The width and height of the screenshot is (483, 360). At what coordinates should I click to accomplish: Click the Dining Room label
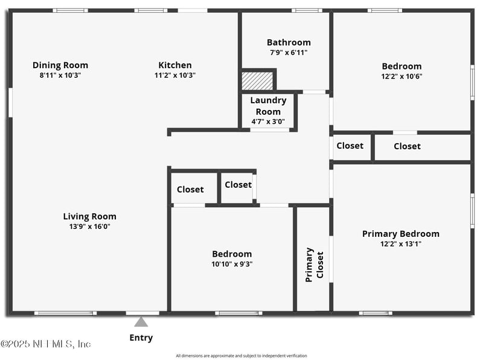coord(60,65)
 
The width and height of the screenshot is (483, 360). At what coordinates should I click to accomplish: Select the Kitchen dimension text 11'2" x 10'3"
coord(175,76)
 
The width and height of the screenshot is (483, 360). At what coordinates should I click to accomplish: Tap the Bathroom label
coord(289,42)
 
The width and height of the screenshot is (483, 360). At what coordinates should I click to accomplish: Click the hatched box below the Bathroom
coord(257,81)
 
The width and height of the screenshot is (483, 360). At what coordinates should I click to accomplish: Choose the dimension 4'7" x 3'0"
coord(268,121)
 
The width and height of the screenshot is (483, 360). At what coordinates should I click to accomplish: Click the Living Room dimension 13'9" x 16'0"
coord(90,227)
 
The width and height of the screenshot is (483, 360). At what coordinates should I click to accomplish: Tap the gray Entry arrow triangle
coord(141,321)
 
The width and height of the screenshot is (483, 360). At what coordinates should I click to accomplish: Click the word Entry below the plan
coord(141,338)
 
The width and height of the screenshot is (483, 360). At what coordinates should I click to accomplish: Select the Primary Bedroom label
coord(401,234)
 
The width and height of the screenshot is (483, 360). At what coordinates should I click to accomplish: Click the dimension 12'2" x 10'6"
coord(401,76)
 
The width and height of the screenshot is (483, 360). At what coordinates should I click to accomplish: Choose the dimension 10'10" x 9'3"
coord(232,264)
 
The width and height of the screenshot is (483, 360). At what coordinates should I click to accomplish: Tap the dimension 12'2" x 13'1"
coord(401,244)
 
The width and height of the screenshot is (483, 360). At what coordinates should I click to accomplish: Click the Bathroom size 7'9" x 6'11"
coord(289,53)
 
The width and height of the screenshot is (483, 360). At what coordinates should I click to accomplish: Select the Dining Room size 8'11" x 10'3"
coord(60,76)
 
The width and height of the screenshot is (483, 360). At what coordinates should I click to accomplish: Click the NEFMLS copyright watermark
coord(46,344)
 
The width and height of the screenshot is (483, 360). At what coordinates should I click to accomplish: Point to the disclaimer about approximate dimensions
coord(241,356)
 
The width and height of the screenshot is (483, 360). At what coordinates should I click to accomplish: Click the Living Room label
coord(90,216)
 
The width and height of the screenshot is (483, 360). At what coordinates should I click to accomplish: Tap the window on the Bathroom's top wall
coord(307,10)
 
